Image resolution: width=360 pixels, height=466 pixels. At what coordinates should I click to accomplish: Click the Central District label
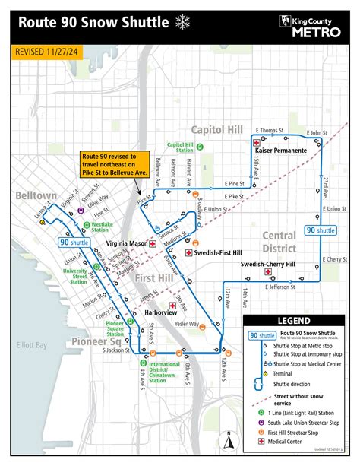pos(279,242)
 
